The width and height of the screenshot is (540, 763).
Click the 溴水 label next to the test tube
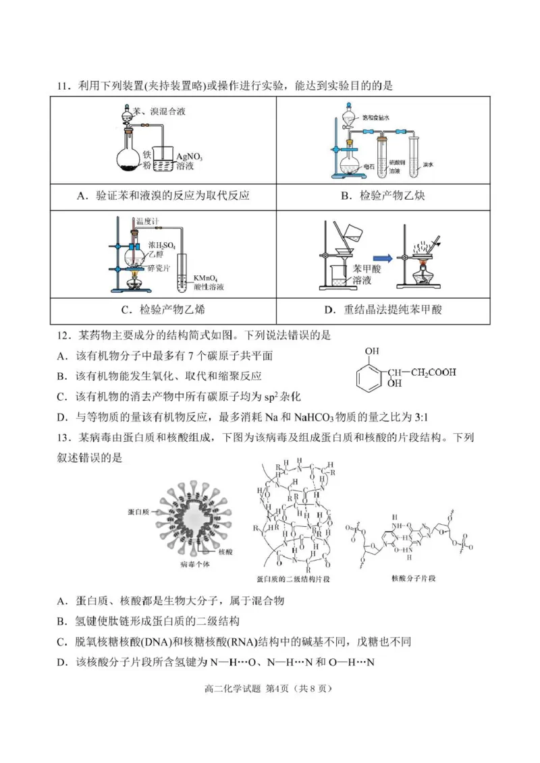[x=427, y=164]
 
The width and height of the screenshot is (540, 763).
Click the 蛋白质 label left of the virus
[x=139, y=513]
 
